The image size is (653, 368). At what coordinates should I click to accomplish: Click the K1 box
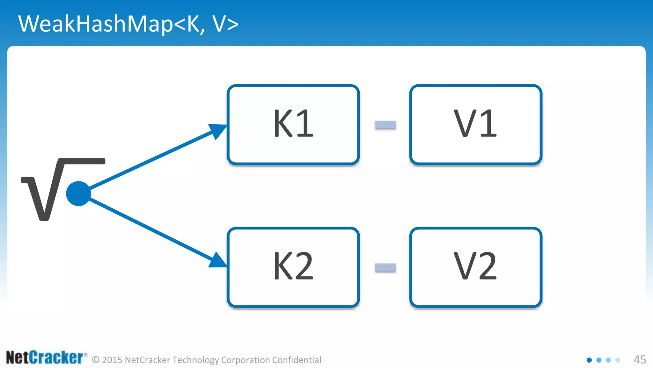[x=293, y=125]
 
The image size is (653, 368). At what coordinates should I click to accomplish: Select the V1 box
[x=476, y=125]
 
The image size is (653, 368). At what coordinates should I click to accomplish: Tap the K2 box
[x=293, y=267]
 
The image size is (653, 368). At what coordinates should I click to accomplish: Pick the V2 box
[x=476, y=267]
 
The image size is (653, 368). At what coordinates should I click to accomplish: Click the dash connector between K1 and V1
[x=385, y=125]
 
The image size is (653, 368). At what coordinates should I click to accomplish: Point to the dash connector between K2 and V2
[x=385, y=267]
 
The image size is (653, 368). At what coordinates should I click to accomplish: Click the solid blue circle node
[x=78, y=194]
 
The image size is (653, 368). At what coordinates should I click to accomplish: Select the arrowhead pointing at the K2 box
[x=218, y=261]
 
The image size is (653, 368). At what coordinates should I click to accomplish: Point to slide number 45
[x=640, y=360]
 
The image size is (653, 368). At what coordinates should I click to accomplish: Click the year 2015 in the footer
[x=112, y=360]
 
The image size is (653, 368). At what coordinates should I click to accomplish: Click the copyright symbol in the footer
[x=96, y=360]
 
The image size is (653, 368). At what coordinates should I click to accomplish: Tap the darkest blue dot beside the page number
[x=589, y=360]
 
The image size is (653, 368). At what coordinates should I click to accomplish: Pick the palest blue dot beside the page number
[x=618, y=360]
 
